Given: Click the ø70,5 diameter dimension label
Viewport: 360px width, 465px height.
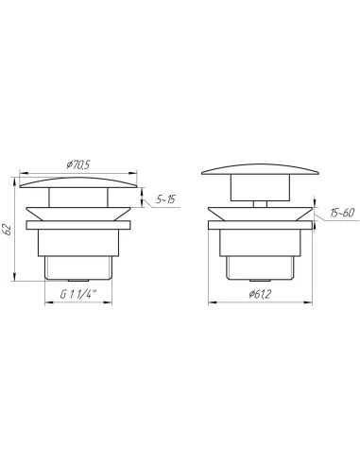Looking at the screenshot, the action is (x=78, y=164).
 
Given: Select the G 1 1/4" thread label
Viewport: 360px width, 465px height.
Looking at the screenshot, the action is (x=78, y=295).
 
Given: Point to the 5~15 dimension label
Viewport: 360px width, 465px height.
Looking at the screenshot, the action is (x=165, y=199).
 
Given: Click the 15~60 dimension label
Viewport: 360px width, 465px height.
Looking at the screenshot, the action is (x=342, y=213).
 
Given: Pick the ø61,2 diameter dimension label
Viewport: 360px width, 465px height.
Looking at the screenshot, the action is (x=260, y=294).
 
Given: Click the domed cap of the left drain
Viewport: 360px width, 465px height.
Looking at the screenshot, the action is (x=78, y=182).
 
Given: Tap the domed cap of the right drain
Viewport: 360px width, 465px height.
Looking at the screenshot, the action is (x=260, y=169).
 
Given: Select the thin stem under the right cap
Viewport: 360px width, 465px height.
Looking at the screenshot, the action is (x=260, y=204).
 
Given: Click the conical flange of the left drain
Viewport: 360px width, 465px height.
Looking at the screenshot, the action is (x=78, y=214).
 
